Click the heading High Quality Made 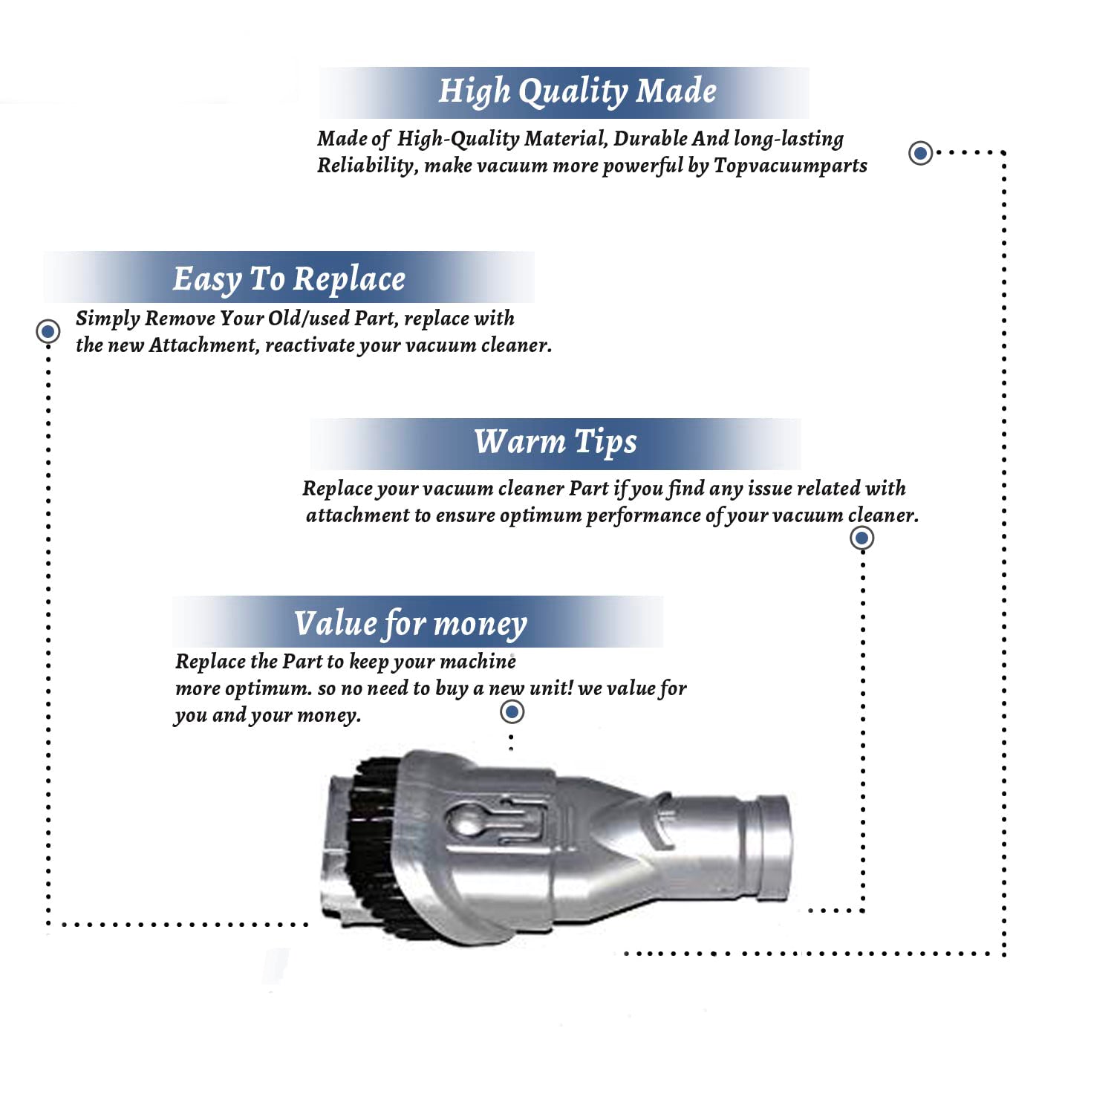tap(577, 91)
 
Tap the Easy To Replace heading tap(289, 279)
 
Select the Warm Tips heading tap(556, 442)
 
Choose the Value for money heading tap(410, 624)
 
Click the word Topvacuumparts tap(790, 165)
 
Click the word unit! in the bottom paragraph tap(551, 688)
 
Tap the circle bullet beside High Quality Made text tap(921, 153)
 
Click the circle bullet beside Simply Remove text tap(48, 330)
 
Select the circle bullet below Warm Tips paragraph tap(861, 538)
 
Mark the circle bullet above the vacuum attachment tap(512, 712)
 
